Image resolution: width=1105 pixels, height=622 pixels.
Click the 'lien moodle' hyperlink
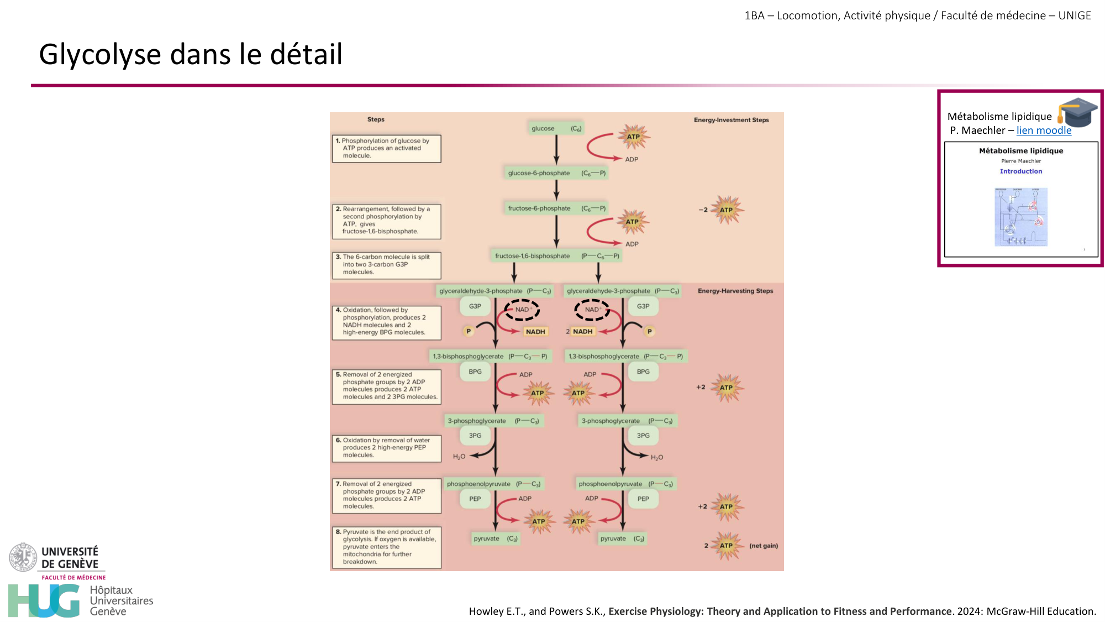click(x=1044, y=130)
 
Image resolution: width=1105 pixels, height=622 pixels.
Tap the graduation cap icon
click(x=1077, y=112)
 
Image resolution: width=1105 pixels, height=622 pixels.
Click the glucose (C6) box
click(x=556, y=128)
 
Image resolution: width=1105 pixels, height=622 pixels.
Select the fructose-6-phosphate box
click(x=556, y=208)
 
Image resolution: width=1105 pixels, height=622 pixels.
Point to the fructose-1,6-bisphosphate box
click(x=556, y=256)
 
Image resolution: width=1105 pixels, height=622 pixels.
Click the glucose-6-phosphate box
click(x=556, y=173)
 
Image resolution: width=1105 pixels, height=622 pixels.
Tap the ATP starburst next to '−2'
click(x=727, y=210)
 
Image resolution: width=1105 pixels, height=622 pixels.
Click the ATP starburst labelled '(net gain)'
click(x=727, y=546)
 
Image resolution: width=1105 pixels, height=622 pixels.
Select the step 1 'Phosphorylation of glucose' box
click(x=387, y=148)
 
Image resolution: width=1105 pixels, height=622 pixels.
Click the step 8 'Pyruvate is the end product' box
click(x=387, y=547)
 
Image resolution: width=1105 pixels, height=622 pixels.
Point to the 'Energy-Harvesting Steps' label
click(x=735, y=291)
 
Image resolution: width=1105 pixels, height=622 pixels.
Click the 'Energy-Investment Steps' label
click(x=731, y=120)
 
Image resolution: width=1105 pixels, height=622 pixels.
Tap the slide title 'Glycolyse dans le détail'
click(x=191, y=54)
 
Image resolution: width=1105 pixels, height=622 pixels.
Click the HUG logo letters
click(x=44, y=600)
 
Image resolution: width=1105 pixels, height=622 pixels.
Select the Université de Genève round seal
click(x=23, y=557)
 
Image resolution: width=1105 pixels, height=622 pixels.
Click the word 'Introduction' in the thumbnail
click(x=1020, y=171)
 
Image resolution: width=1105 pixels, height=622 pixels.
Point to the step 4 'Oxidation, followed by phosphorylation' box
click(x=387, y=322)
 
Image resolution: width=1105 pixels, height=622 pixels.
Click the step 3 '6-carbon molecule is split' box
click(x=387, y=265)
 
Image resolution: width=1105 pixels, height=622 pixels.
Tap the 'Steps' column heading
click(x=376, y=119)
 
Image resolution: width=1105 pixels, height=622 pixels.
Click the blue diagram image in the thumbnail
click(x=1021, y=217)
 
